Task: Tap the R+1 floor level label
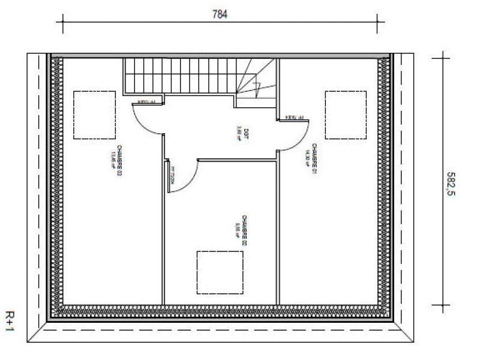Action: [x=12, y=327]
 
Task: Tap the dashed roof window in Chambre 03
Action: [x=94, y=115]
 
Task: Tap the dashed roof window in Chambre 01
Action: [x=346, y=114]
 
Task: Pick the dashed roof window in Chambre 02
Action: [x=220, y=272]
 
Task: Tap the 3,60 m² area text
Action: [x=239, y=132]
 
